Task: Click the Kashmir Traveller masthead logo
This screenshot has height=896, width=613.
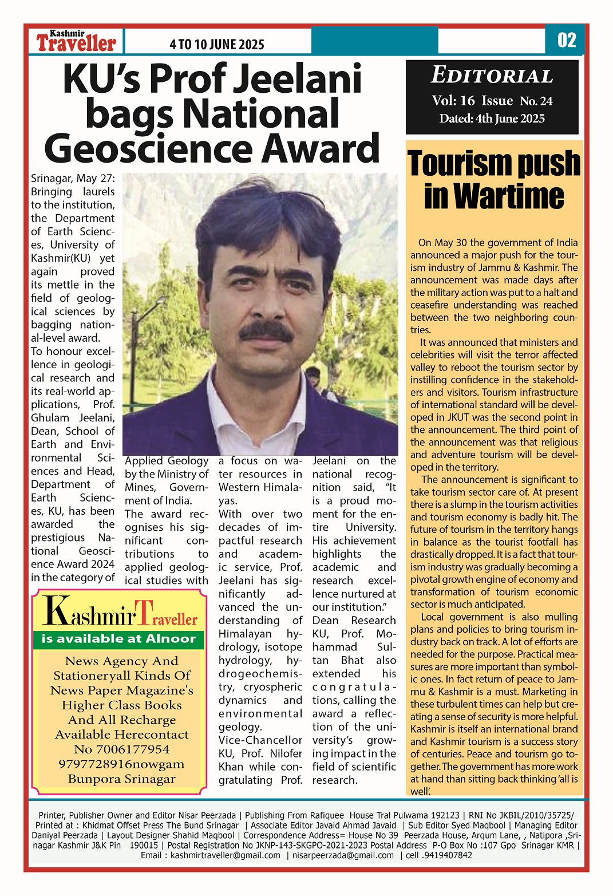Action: coord(76,41)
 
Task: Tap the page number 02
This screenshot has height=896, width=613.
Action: coord(566,40)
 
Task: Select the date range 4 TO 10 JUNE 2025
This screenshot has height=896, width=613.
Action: coord(217,45)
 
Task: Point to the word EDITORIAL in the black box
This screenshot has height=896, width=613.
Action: coord(492,76)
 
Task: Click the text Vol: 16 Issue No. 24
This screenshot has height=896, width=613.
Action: coord(492,101)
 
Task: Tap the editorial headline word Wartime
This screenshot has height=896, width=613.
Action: coord(494,196)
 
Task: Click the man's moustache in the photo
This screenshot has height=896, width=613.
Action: coord(265,332)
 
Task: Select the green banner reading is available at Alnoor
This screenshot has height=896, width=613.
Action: coord(118,639)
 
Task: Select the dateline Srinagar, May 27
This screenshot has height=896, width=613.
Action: coord(73,179)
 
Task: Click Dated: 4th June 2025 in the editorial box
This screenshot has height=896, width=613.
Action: coord(492,119)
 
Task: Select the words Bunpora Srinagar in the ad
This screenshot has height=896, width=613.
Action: coord(121,779)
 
